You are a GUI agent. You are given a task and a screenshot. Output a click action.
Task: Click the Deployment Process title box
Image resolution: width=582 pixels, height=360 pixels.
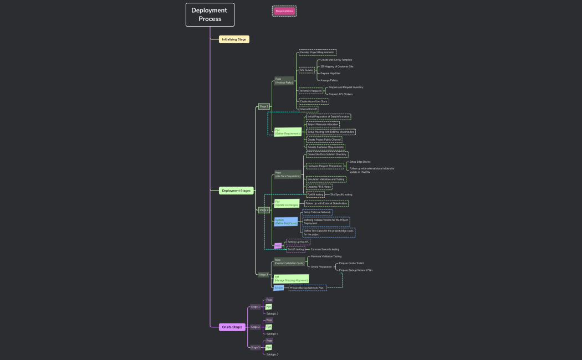(x=210, y=14)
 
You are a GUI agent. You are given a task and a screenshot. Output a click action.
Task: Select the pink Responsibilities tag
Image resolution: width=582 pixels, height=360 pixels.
(x=284, y=11)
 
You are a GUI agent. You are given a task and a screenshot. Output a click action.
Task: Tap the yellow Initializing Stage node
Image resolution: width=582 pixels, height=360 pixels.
(x=234, y=39)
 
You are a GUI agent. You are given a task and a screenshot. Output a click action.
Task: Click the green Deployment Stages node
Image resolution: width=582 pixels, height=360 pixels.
(x=236, y=191)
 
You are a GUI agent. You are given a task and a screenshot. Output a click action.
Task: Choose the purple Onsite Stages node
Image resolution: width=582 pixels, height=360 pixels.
(x=232, y=327)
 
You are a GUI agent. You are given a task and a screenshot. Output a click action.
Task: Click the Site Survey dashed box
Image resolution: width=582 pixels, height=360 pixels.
(x=307, y=70)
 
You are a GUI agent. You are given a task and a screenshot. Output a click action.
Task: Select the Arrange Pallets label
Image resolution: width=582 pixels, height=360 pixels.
(x=329, y=80)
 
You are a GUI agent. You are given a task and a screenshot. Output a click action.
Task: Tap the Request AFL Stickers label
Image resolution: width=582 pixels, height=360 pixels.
(x=340, y=94)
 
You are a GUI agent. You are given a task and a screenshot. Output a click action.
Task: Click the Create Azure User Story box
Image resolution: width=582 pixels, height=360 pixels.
(x=314, y=102)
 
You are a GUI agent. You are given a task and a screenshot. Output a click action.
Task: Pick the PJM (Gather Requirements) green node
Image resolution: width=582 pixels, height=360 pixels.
(x=288, y=132)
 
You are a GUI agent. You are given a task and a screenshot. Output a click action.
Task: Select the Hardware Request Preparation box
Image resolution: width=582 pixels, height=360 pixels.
(x=325, y=166)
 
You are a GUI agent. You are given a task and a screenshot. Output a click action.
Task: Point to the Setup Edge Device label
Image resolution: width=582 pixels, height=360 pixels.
(x=360, y=162)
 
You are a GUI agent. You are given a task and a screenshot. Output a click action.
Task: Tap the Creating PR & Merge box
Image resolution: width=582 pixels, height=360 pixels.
(x=319, y=187)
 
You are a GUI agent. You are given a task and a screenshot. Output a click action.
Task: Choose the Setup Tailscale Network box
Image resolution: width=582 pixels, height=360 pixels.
(x=317, y=213)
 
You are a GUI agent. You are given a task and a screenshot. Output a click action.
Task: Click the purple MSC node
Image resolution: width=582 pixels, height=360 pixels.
(x=277, y=245)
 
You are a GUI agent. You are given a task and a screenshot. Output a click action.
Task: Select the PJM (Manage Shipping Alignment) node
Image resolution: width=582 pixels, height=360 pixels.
(x=290, y=279)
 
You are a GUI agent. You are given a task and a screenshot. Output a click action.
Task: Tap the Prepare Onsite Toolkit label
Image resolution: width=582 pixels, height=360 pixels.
(x=351, y=263)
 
